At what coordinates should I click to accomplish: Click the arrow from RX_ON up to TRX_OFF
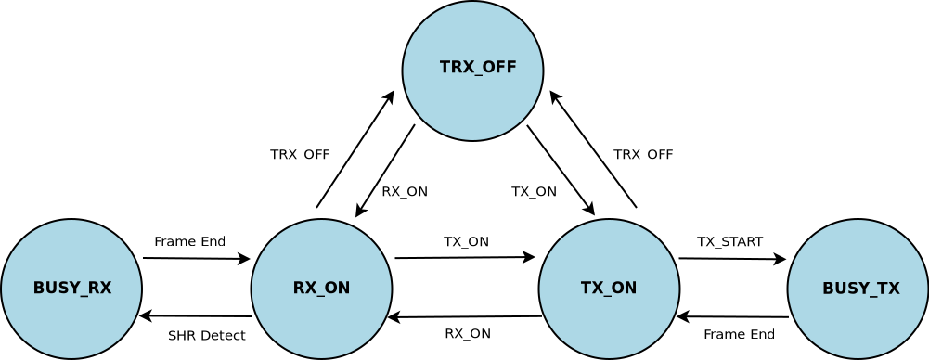coord(355,149)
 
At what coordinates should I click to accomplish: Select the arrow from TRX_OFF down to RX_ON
coord(385,171)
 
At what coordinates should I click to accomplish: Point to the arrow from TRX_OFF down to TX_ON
coord(561,170)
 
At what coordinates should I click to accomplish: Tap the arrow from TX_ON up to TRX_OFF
coord(594,149)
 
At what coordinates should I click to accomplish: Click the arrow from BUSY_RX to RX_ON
coord(196,259)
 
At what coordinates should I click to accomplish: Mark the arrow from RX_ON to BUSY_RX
coord(196,316)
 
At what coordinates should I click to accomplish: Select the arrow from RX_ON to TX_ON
coord(465,258)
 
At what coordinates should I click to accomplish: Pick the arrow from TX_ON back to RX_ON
coord(465,317)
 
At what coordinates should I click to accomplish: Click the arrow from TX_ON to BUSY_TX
coord(732,259)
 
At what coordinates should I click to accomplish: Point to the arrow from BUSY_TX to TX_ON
coord(732,317)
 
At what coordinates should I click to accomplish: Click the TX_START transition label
coord(729,242)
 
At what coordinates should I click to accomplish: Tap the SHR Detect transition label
coord(206,336)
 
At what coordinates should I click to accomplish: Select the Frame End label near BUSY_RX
coord(189,242)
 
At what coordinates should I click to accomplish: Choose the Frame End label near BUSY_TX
coord(739,335)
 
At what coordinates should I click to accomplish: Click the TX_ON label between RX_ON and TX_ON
coord(466,242)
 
